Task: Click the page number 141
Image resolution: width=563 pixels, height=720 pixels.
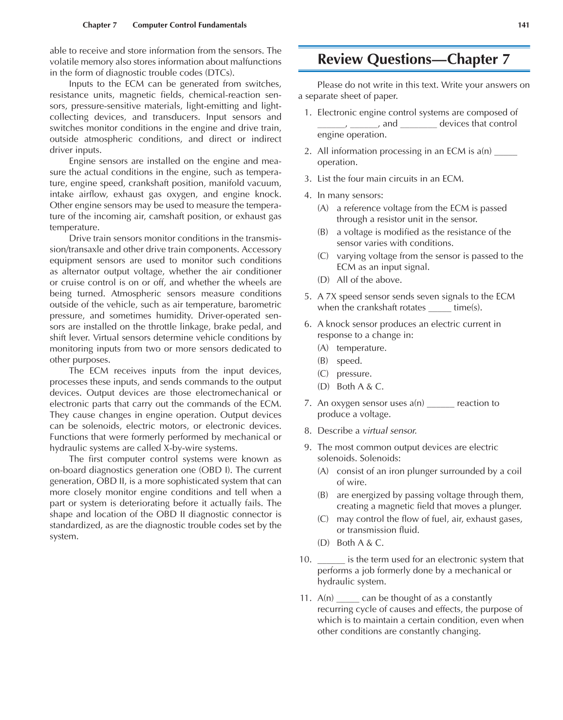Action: (524, 25)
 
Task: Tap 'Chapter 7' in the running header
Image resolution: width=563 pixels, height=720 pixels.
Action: (100, 25)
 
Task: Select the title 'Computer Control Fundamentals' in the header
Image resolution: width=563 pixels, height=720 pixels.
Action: (189, 25)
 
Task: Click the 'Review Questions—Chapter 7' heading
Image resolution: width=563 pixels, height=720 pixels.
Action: (413, 59)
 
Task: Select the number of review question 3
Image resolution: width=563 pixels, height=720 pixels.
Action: (307, 179)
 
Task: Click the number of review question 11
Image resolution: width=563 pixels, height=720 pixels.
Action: (305, 598)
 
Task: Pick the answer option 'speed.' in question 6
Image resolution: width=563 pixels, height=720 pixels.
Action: (349, 361)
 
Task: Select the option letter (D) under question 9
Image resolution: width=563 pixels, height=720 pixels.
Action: (323, 543)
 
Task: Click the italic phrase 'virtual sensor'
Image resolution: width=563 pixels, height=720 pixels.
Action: (389, 431)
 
